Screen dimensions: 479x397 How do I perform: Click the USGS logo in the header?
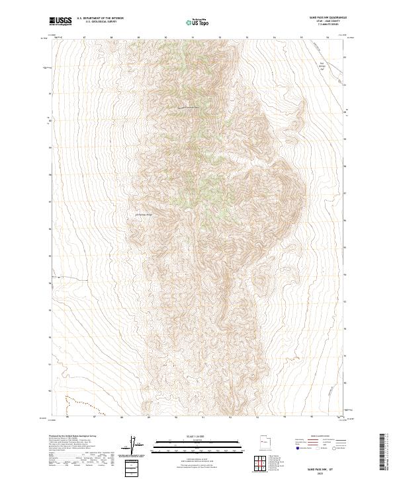pos(61,21)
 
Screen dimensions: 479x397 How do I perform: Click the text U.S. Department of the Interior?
pos(100,18)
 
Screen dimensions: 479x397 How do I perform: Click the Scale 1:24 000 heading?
pos(197,435)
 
